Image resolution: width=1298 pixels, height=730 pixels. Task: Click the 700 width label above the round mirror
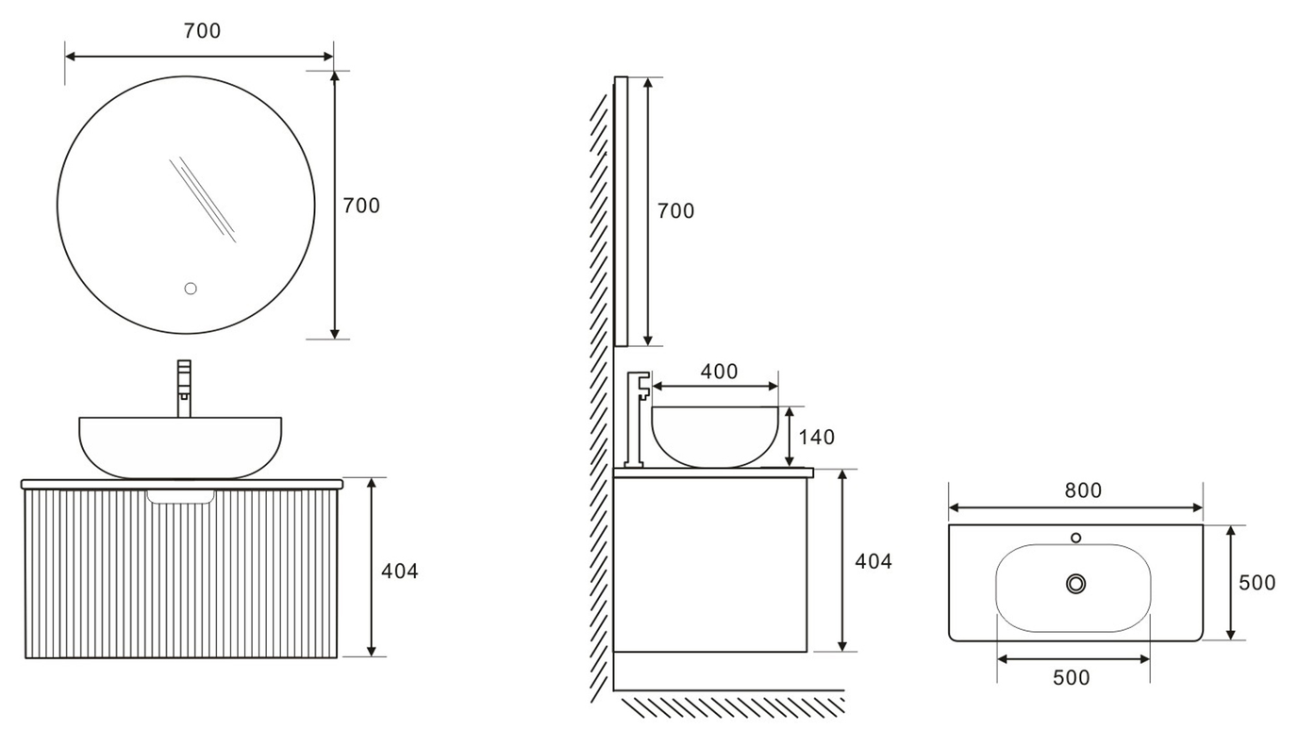202,31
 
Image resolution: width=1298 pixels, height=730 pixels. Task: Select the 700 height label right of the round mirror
361,206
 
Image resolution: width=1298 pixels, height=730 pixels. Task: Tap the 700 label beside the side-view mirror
675,211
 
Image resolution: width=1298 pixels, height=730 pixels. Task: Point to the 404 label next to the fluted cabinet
400,571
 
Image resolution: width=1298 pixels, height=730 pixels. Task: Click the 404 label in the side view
873,561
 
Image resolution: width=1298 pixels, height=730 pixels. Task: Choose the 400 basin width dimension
719,372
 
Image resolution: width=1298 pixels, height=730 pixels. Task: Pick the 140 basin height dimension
817,437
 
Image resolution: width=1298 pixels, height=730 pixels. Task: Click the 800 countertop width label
1083,490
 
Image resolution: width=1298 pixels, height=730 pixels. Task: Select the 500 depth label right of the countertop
1256,583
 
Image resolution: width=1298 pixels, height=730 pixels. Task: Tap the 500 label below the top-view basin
1071,677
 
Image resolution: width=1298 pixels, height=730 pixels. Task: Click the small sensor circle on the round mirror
190,289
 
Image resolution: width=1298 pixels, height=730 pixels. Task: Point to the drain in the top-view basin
1075,584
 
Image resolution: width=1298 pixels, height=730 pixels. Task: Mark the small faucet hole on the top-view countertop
1075,538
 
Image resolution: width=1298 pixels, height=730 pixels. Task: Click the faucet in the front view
184,387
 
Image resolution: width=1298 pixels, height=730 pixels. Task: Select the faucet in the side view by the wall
639,415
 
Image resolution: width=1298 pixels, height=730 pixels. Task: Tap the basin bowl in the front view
180,446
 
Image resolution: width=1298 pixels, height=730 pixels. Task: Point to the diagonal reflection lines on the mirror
203,199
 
